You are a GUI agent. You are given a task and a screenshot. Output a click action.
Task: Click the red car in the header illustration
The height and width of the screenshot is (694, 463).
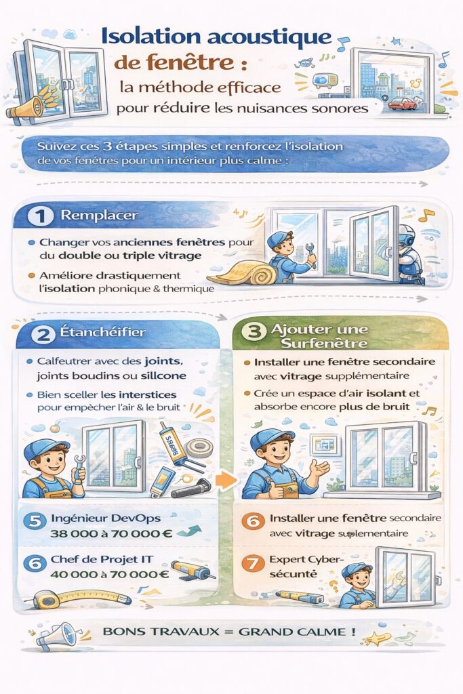(x=402, y=104)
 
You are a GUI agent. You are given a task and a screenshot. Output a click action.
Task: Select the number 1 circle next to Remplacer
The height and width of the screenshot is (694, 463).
(x=40, y=216)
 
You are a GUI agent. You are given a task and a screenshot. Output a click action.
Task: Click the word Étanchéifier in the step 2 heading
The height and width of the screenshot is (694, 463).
(x=102, y=332)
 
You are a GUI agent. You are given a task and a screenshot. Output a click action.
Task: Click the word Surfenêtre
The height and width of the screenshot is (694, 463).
(x=324, y=344)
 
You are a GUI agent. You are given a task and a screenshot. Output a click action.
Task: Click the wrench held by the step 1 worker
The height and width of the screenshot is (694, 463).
(x=311, y=255)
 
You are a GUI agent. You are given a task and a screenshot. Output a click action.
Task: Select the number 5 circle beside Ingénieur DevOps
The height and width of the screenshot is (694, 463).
(x=35, y=521)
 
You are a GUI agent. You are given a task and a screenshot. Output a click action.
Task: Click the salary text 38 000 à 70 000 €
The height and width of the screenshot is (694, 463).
(x=111, y=533)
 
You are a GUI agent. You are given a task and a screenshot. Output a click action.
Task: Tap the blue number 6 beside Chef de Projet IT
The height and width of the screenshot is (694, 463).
(x=35, y=563)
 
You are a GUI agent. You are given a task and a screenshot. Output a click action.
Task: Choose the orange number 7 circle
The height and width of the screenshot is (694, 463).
(x=253, y=563)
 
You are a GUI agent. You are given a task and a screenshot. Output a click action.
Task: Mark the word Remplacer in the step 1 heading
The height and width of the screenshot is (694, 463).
(x=99, y=216)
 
